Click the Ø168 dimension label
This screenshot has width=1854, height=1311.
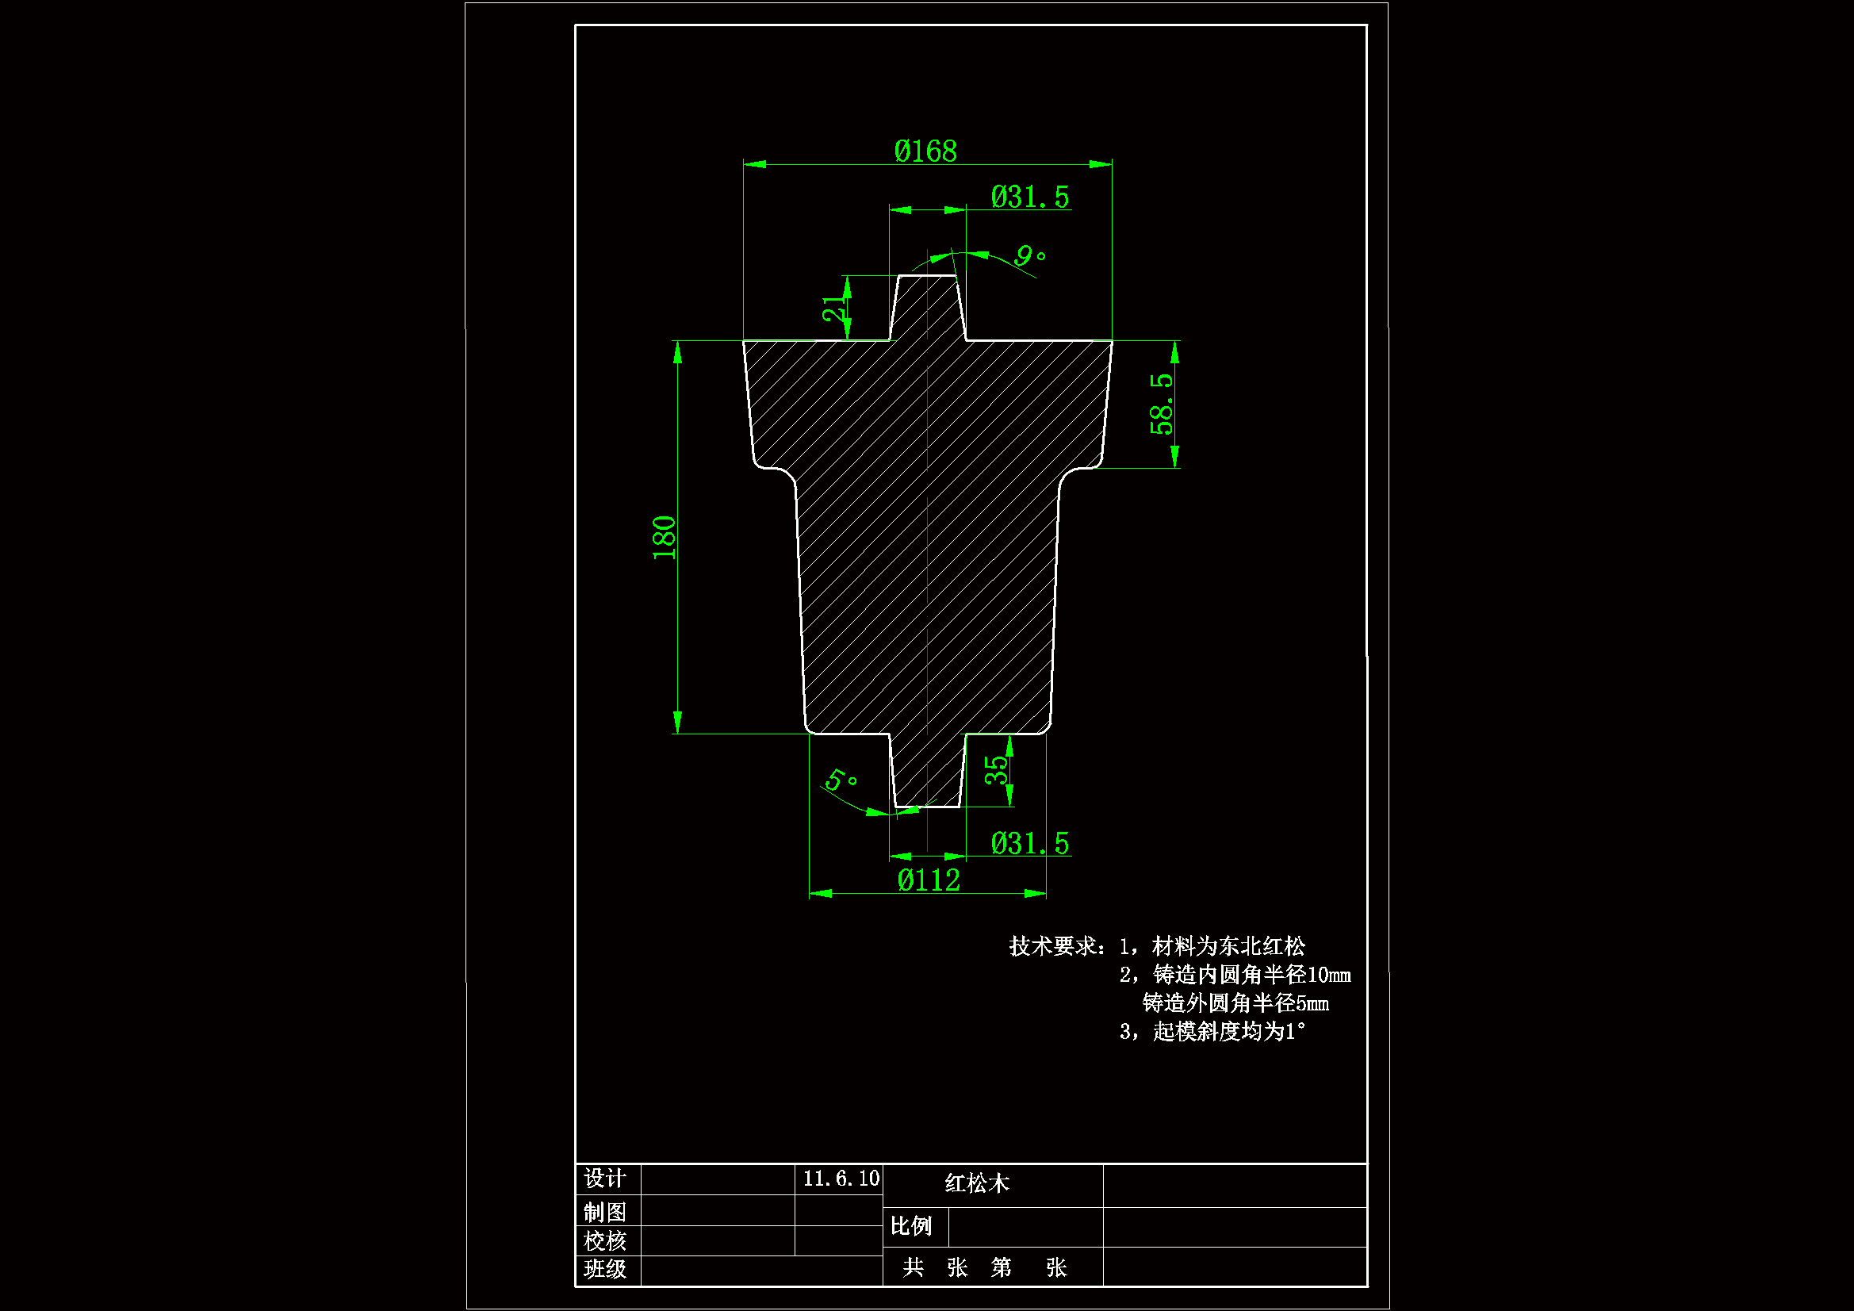[x=925, y=151]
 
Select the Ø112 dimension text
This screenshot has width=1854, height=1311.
[x=929, y=880]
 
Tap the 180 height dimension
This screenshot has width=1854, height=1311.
[x=664, y=537]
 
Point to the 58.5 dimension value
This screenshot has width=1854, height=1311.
[x=1161, y=404]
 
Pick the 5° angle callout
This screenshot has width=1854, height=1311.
[x=841, y=780]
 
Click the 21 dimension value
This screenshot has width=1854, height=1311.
[x=833, y=309]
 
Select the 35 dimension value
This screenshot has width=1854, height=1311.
[x=997, y=770]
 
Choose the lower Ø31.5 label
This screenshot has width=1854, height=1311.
[x=1029, y=843]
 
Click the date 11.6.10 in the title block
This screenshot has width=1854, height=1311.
[x=841, y=1179]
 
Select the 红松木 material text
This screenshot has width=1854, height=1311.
[x=977, y=1184]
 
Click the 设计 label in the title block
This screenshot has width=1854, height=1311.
[x=605, y=1179]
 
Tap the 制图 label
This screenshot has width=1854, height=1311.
[x=605, y=1213]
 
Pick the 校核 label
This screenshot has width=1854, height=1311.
[x=605, y=1240]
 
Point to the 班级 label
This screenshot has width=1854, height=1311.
[x=605, y=1269]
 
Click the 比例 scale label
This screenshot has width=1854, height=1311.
[x=911, y=1226]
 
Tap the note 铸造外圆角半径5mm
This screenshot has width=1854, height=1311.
[x=1235, y=1003]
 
